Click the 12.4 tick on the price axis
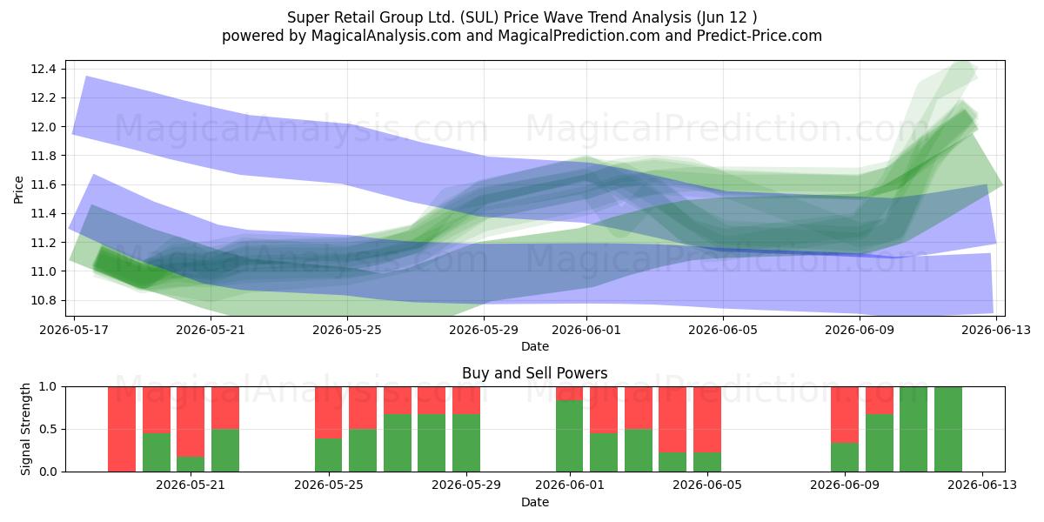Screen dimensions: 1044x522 click(43, 70)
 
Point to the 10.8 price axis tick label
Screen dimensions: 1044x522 click(43, 301)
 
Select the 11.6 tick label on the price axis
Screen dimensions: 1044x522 click(43, 185)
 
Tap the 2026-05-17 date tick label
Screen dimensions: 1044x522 click(74, 330)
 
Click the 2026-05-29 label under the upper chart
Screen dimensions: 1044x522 click(484, 330)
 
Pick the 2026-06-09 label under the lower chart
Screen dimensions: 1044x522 click(845, 485)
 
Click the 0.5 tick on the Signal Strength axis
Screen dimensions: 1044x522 click(49, 429)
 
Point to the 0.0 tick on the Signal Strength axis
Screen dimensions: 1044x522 click(49, 472)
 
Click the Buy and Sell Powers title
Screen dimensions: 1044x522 click(534, 373)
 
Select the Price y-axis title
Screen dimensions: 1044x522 click(18, 190)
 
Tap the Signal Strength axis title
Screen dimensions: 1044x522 click(25, 429)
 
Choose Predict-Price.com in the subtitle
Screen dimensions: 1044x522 click(760, 36)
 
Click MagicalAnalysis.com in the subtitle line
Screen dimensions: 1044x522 click(386, 36)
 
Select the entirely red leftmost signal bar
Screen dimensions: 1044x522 click(122, 429)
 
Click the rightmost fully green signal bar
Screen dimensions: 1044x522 click(948, 429)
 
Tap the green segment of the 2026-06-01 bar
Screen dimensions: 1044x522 click(570, 436)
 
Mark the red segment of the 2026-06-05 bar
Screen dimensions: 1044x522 click(707, 419)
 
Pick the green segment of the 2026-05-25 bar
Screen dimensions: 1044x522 click(329, 455)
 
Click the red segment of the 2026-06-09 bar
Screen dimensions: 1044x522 click(845, 415)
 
